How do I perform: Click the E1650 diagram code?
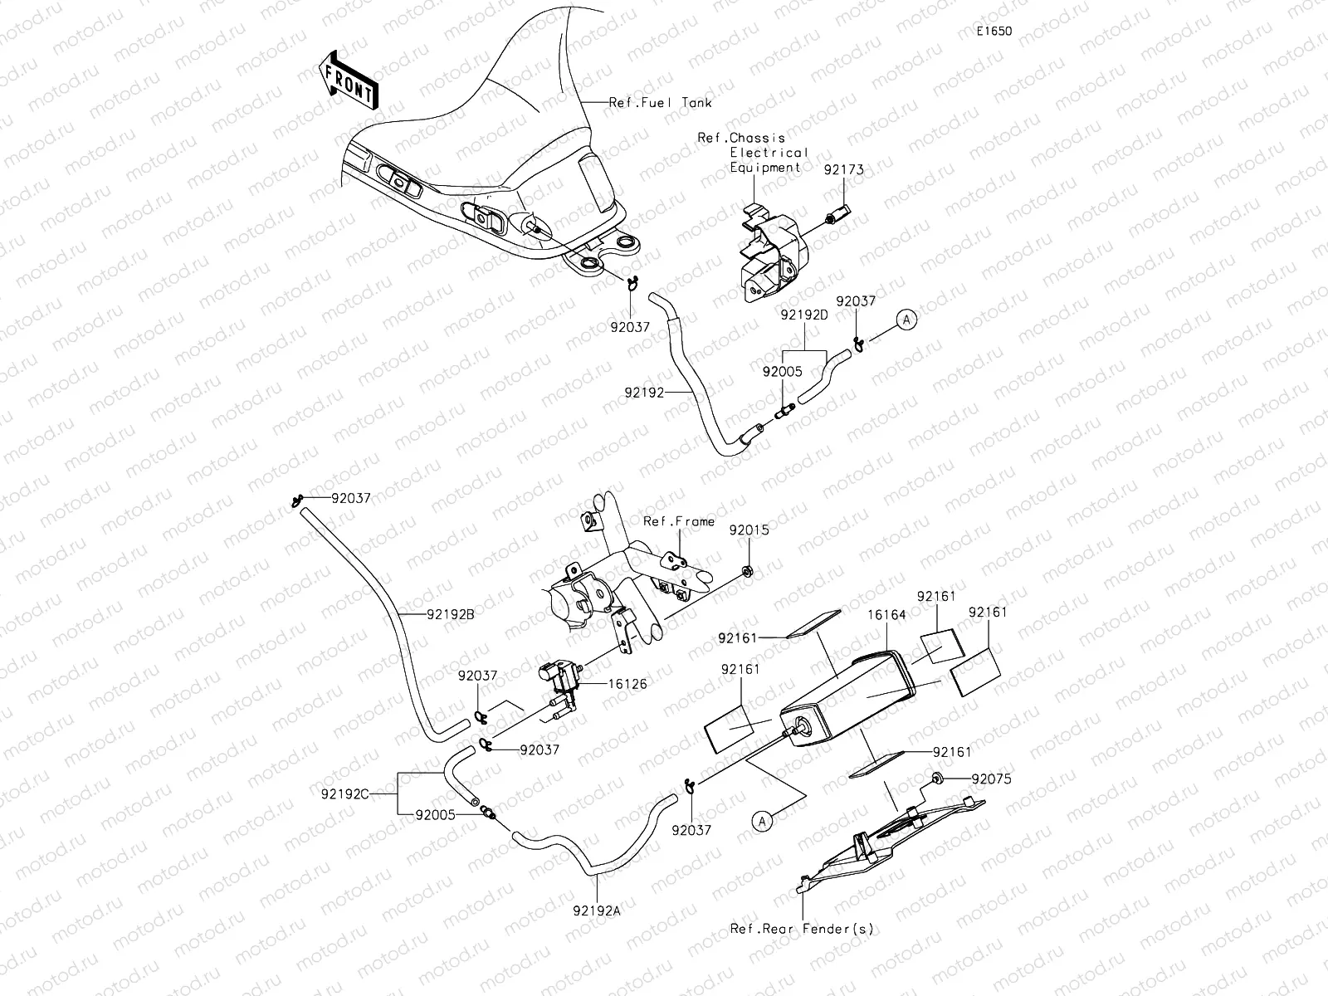[x=994, y=32]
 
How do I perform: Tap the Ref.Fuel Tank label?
[x=661, y=103]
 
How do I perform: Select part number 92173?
[x=843, y=169]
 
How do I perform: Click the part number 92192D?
[x=804, y=315]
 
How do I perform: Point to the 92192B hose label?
[x=451, y=615]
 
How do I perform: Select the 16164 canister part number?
[x=886, y=615]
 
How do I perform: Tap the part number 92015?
[x=749, y=529]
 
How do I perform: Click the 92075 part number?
[x=991, y=779]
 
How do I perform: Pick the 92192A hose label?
[x=596, y=910]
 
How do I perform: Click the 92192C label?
[x=344, y=793]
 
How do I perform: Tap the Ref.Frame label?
[x=679, y=521]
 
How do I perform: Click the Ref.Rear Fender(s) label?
[x=802, y=929]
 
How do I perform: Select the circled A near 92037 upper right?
[x=906, y=320]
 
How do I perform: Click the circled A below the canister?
[x=762, y=820]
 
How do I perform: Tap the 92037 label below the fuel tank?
[x=630, y=327]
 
